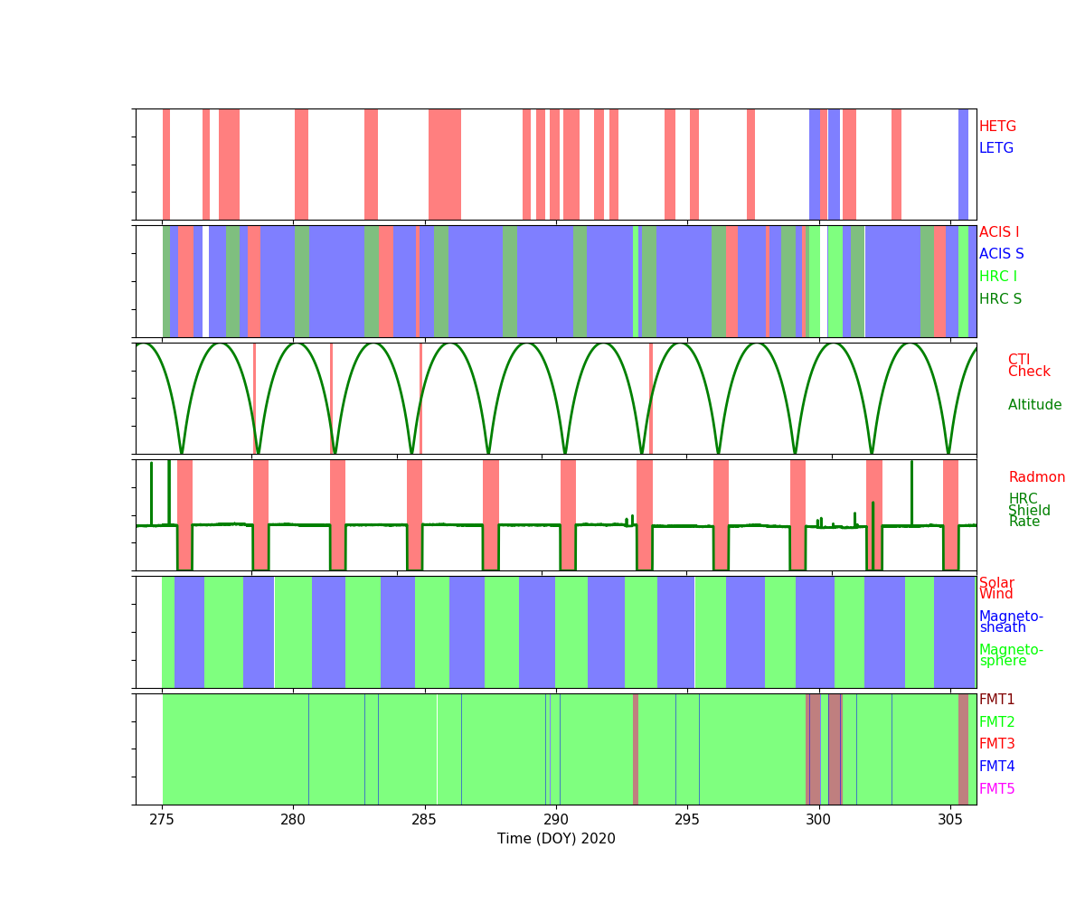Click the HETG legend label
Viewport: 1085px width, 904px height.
coord(997,127)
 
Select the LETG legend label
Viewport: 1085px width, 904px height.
coord(995,148)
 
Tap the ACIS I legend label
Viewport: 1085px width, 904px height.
coord(998,232)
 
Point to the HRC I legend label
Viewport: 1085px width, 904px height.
coord(997,277)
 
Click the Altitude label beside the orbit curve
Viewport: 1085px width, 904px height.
coord(1034,405)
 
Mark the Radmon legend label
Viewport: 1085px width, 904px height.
coord(1036,477)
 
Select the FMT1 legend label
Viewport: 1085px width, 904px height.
coord(996,700)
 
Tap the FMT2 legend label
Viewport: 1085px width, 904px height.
coord(996,722)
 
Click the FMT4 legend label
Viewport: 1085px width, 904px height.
coord(996,767)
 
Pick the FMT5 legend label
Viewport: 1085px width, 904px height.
coord(996,789)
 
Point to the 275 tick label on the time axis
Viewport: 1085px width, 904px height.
coord(162,819)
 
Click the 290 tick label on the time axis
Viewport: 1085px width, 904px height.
coord(556,819)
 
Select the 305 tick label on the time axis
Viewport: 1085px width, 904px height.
coord(949,819)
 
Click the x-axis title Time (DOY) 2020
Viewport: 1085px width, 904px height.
coord(556,839)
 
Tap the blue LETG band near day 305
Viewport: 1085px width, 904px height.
coord(963,165)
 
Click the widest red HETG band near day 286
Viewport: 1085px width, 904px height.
coord(445,165)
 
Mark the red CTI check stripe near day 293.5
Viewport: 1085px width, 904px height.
coord(650,398)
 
